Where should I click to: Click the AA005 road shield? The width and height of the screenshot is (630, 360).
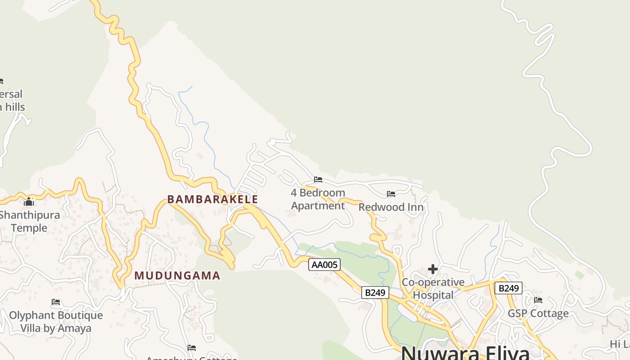324,265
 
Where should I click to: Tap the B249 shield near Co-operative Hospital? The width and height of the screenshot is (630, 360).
375,292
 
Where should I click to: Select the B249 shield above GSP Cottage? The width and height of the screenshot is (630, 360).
508,288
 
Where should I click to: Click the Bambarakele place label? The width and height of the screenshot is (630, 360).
213,199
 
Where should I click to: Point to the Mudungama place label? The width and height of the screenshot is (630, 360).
177,275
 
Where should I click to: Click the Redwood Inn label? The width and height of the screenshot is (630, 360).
391,207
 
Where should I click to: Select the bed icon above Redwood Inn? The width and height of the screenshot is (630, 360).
391,194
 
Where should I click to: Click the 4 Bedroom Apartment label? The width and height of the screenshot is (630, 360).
318,199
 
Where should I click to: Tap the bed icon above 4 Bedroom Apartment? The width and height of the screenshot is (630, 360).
318,180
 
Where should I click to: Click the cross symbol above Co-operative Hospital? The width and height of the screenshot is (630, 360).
433,269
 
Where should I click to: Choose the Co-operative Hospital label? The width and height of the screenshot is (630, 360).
433,288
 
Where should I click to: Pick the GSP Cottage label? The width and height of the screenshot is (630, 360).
538,313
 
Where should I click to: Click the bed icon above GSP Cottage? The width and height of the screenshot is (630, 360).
538,300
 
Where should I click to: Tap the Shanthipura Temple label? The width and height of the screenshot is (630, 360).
29,221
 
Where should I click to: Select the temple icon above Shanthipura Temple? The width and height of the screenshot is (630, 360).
29,202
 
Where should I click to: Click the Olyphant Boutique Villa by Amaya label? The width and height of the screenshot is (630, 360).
56,322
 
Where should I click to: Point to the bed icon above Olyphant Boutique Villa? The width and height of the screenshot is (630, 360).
56,302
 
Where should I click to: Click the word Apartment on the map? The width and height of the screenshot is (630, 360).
318,206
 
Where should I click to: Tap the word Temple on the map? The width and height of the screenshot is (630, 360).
29,228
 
